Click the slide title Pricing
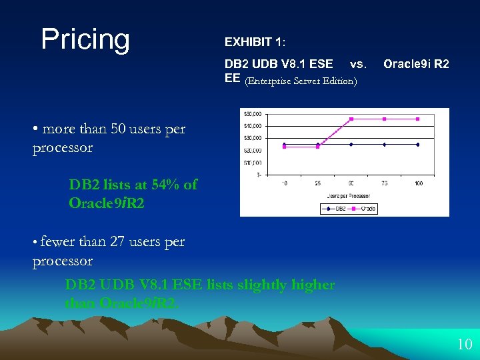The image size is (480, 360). click(85, 39)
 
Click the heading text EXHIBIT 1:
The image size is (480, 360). click(255, 42)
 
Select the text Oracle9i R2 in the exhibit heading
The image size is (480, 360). click(416, 64)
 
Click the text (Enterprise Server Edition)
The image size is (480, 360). click(301, 81)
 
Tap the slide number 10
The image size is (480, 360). click(464, 345)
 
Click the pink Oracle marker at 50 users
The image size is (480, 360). click(351, 119)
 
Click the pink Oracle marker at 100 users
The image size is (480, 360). click(418, 119)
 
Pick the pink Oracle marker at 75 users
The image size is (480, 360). click(385, 119)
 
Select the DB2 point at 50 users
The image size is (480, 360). click(351, 144)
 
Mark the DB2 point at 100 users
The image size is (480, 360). click(418, 144)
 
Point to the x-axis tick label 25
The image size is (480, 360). click(318, 183)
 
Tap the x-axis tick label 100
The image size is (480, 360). click(418, 183)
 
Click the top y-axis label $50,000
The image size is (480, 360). click(253, 113)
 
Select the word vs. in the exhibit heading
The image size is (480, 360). click(358, 64)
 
